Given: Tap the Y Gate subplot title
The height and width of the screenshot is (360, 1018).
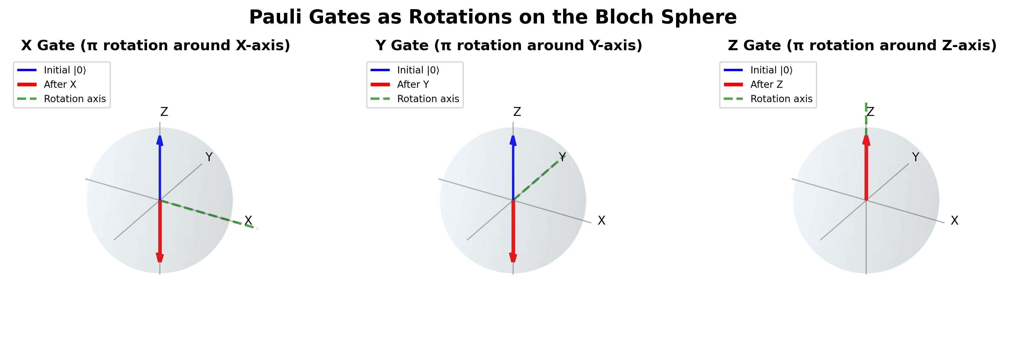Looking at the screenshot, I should pos(509,45).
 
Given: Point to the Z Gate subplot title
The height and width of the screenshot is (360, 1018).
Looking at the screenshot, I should pos(862,45).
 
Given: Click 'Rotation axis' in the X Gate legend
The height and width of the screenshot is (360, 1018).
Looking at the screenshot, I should pos(75,99).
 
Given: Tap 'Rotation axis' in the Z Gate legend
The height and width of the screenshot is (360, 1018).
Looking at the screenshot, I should pos(781,99).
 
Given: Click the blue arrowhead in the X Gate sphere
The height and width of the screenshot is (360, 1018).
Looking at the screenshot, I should pos(160,140).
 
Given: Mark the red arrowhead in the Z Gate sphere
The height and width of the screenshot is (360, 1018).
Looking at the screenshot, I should pos(866,140).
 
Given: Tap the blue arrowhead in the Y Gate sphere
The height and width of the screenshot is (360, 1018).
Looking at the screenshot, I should pos(513,140).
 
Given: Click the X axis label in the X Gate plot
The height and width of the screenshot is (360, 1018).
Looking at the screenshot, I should pos(248,220).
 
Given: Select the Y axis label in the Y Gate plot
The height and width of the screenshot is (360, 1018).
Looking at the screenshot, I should pos(562,157).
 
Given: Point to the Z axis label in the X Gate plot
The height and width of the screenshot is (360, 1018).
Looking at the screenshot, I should pos(164,112).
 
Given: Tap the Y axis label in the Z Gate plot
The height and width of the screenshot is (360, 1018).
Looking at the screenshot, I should pos(915,157).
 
